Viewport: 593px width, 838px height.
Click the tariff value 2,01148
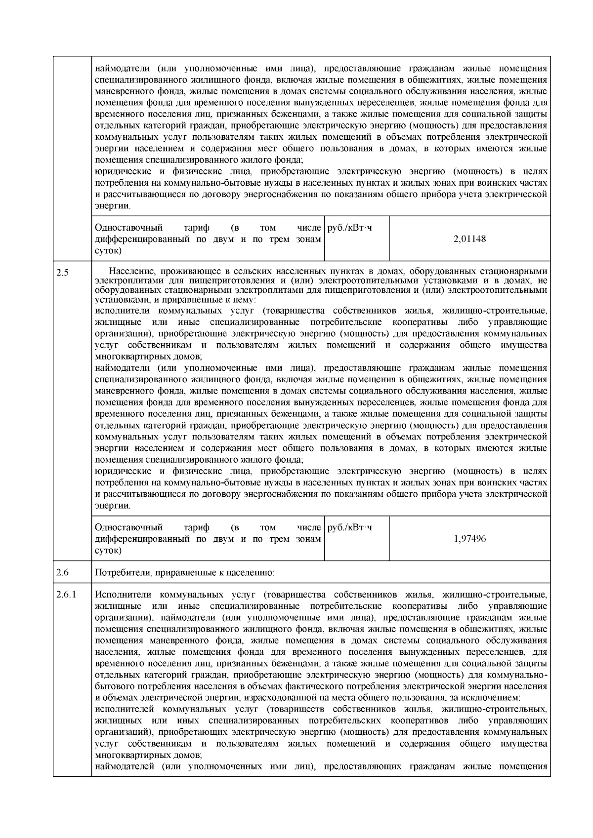pos(469,239)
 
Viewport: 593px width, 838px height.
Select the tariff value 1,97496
pos(469,539)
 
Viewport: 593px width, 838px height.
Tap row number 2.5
pos(62,272)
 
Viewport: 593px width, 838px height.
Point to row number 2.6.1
pos(66,594)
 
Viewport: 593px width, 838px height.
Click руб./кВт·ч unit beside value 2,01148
pos(349,228)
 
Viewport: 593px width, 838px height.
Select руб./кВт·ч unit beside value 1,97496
pos(349,527)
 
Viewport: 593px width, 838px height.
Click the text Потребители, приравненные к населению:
pos(184,573)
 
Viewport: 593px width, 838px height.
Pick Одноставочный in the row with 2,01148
pos(128,228)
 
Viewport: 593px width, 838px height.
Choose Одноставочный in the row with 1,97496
pos(128,527)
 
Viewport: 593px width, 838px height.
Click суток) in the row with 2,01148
pos(108,250)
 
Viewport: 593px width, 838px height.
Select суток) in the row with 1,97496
pos(108,550)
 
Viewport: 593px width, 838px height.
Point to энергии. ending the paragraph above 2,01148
pos(113,205)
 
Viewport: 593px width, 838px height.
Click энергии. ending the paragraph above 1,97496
pos(113,506)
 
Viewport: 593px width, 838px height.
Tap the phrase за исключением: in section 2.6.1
pos(491,698)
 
